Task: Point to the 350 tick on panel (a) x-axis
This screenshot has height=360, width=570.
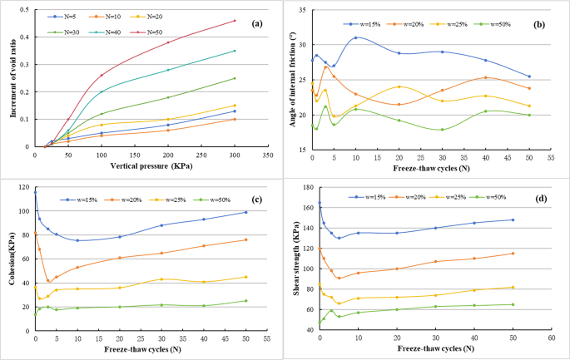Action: pyautogui.click(x=267, y=155)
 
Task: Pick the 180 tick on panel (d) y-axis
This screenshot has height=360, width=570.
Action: pyautogui.click(x=310, y=187)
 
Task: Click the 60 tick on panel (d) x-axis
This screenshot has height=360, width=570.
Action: pyautogui.click(x=551, y=338)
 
